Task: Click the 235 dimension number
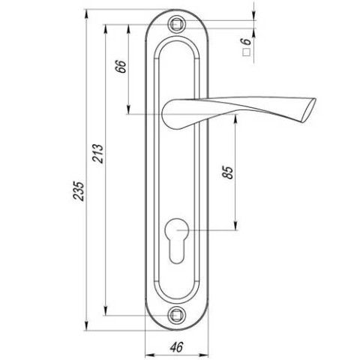pos(79,190)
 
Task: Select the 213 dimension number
pos(97,154)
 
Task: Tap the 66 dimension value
pos(121,66)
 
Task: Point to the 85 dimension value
pos(228,172)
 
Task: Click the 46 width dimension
pos(176,346)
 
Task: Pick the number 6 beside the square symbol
pos(246,42)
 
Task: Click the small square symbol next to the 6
pos(247,52)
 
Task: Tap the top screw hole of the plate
pos(177,25)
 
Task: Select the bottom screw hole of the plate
pos(177,315)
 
